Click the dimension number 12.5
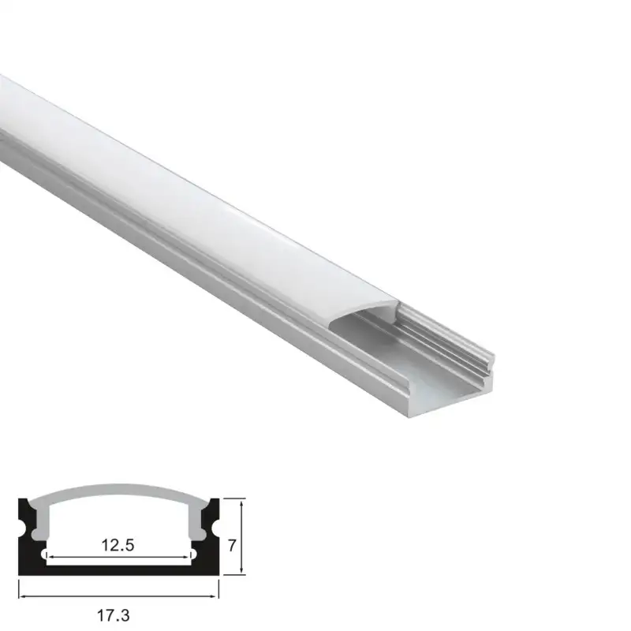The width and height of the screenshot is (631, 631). point(118,545)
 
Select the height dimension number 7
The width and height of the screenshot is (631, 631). point(232,545)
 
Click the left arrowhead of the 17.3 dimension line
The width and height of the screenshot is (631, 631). point(21,596)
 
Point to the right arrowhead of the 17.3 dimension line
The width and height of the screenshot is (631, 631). point(215,596)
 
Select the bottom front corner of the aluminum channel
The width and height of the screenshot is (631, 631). point(409,416)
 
